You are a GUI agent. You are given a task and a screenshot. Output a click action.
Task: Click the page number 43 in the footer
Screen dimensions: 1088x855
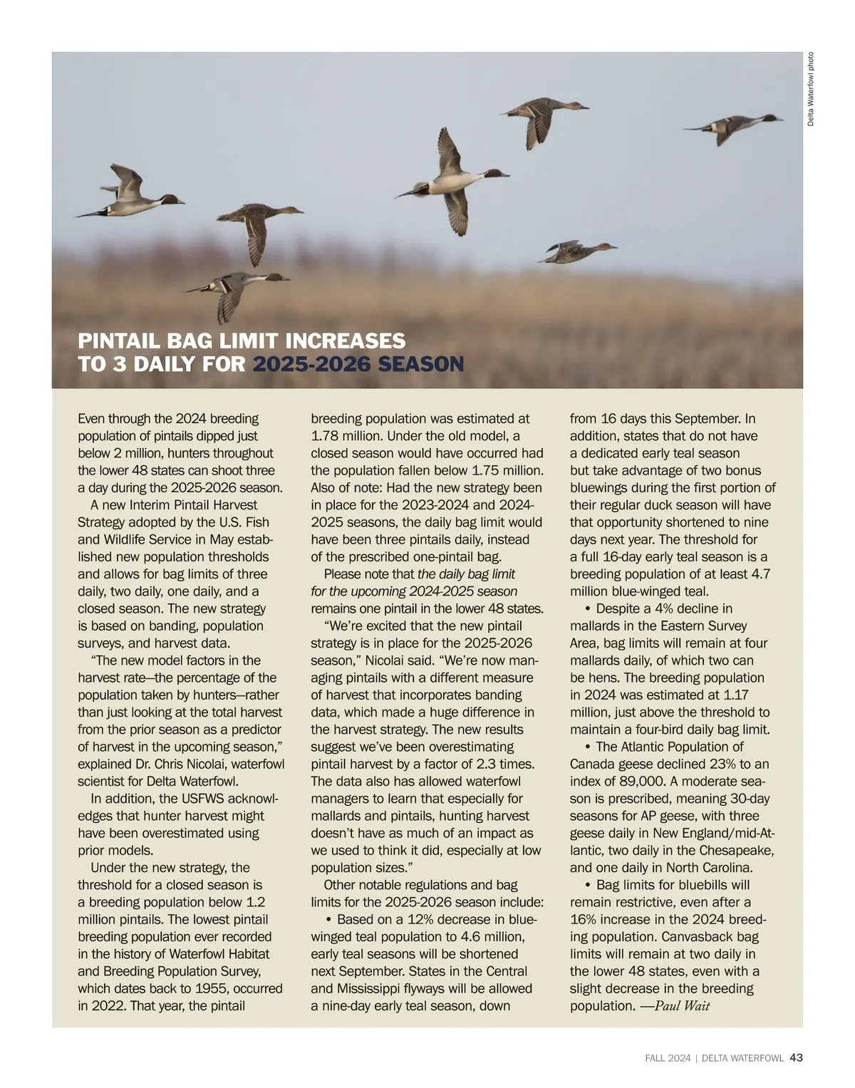click(x=797, y=1058)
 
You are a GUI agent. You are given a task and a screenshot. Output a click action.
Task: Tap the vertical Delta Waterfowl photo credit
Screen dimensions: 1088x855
click(x=811, y=90)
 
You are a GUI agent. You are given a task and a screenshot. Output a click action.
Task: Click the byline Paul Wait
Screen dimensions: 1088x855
click(x=682, y=1006)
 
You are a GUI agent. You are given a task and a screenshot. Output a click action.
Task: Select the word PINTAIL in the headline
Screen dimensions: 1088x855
click(x=118, y=341)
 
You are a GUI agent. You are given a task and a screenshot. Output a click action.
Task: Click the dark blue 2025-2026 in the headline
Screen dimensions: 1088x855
click(x=311, y=365)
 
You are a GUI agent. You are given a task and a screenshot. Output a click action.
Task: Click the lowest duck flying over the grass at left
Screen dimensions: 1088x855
click(x=235, y=289)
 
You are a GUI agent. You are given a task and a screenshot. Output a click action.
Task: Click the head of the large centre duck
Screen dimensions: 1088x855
click(x=496, y=173)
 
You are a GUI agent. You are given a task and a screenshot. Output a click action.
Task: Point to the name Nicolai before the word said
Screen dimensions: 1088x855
click(x=386, y=660)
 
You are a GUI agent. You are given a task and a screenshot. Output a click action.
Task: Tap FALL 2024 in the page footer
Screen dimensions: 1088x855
click(x=663, y=1059)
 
